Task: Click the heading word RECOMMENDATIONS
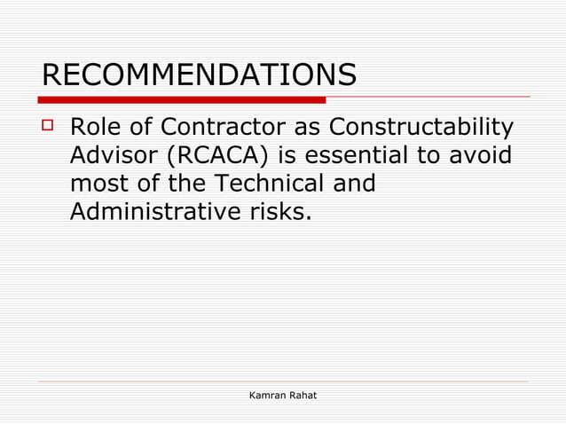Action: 199,75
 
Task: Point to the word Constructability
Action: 421,129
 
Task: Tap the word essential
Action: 365,156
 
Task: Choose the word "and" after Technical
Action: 351,185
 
